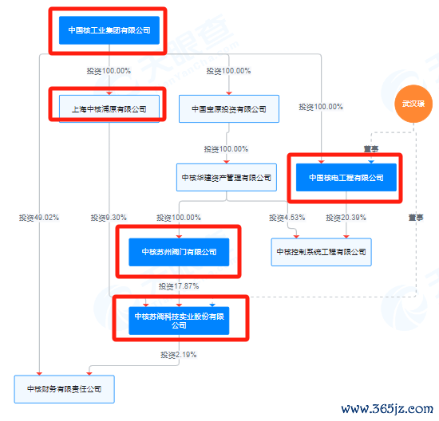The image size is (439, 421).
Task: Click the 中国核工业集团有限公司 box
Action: point(109,30)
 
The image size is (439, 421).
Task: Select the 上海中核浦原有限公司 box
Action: point(109,108)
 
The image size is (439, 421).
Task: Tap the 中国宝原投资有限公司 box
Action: point(229,108)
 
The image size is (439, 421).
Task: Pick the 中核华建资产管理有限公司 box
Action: point(227,177)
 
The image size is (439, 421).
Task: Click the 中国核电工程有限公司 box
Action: point(346,177)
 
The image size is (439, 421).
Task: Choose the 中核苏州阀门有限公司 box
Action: point(179,252)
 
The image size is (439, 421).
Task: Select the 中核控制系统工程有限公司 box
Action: point(322,252)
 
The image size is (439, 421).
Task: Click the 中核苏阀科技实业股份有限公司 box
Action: point(179,321)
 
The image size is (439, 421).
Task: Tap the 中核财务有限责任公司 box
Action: point(65,389)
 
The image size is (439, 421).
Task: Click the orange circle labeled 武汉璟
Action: point(413,104)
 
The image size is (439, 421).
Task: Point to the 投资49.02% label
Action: point(39,218)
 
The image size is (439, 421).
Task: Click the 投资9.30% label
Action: point(109,218)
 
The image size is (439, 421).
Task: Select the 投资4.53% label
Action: point(287,218)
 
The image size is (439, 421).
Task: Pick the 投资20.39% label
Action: point(346,218)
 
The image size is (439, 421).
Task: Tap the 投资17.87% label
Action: point(179,286)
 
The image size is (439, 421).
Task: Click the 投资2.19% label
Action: point(179,355)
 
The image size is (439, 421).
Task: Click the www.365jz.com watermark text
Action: point(387,409)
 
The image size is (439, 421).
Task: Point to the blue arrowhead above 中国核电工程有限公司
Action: point(371,162)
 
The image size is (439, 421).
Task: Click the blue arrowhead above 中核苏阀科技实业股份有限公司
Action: point(212,305)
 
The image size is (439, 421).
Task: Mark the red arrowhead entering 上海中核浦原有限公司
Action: point(109,93)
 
